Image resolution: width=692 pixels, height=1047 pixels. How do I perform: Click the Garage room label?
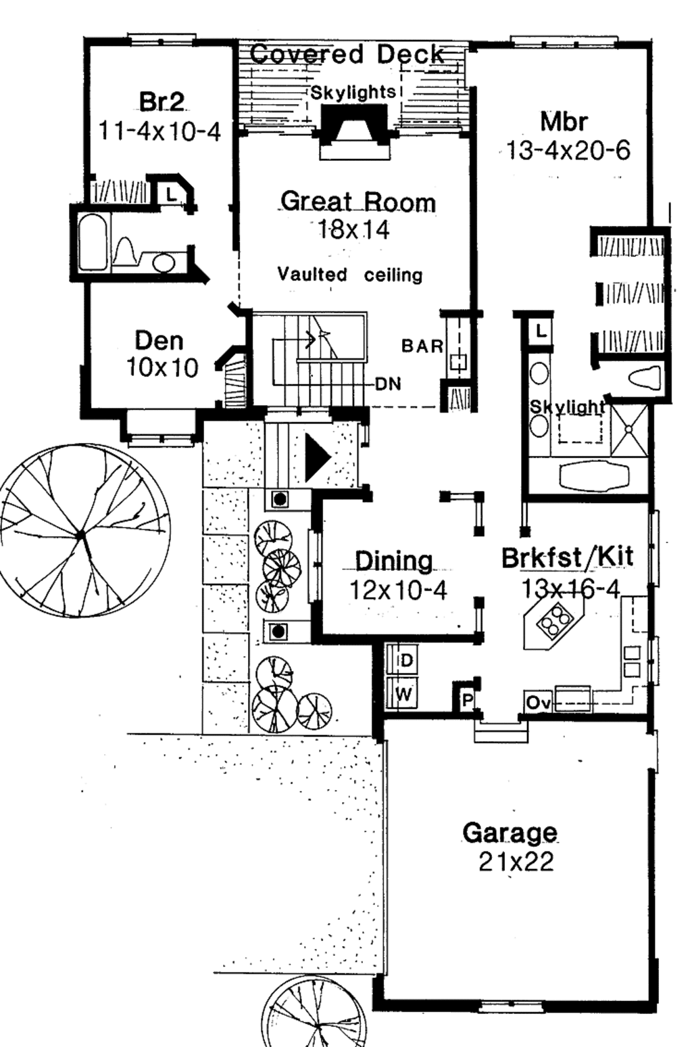point(510,833)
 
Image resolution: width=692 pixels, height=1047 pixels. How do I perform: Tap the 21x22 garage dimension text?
point(516,862)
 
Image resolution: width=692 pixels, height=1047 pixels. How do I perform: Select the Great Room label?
point(357,202)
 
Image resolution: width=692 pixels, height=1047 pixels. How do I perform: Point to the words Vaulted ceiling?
point(350,275)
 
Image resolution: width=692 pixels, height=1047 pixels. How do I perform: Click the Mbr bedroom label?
point(564,122)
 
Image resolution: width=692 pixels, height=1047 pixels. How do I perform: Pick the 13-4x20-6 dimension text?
point(568,150)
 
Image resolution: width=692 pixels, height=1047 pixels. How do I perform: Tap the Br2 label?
point(161,101)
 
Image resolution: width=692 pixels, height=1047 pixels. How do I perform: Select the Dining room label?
point(394,561)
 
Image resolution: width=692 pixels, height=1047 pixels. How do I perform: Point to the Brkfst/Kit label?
point(568,557)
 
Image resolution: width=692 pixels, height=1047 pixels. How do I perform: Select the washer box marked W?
point(403,694)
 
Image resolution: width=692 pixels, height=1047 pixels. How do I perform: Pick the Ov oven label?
point(538,703)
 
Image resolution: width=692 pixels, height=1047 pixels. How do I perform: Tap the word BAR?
point(422,346)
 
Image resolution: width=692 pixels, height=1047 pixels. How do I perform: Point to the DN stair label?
point(388,384)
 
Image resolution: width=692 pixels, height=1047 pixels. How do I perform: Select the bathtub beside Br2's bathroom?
point(93,242)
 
